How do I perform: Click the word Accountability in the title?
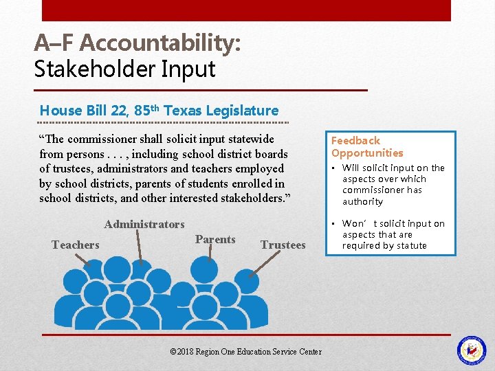[159, 43]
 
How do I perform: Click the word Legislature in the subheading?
[244, 110]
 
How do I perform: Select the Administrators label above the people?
[144, 224]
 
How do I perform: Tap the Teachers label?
[76, 245]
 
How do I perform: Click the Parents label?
[215, 239]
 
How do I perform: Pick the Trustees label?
[283, 245]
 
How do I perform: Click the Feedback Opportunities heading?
[367, 146]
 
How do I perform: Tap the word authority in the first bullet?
[362, 201]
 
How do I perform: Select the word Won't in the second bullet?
[357, 223]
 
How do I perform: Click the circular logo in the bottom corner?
[472, 350]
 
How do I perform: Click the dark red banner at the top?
[246, 10]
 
